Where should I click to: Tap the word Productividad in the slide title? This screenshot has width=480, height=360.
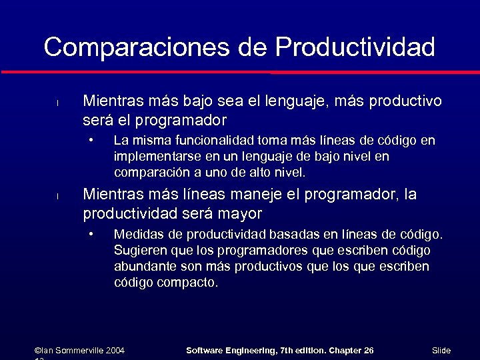[x=355, y=47]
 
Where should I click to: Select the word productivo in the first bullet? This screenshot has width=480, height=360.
[x=404, y=101]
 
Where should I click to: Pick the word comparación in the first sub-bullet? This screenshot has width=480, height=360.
[x=150, y=173]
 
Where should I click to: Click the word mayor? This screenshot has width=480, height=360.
[x=239, y=214]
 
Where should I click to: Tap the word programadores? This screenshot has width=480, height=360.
[x=255, y=251]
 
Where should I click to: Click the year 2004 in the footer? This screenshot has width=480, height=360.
[x=115, y=351]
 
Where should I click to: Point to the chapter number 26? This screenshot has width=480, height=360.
[x=368, y=351]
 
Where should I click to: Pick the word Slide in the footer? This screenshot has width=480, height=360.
[x=441, y=351]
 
